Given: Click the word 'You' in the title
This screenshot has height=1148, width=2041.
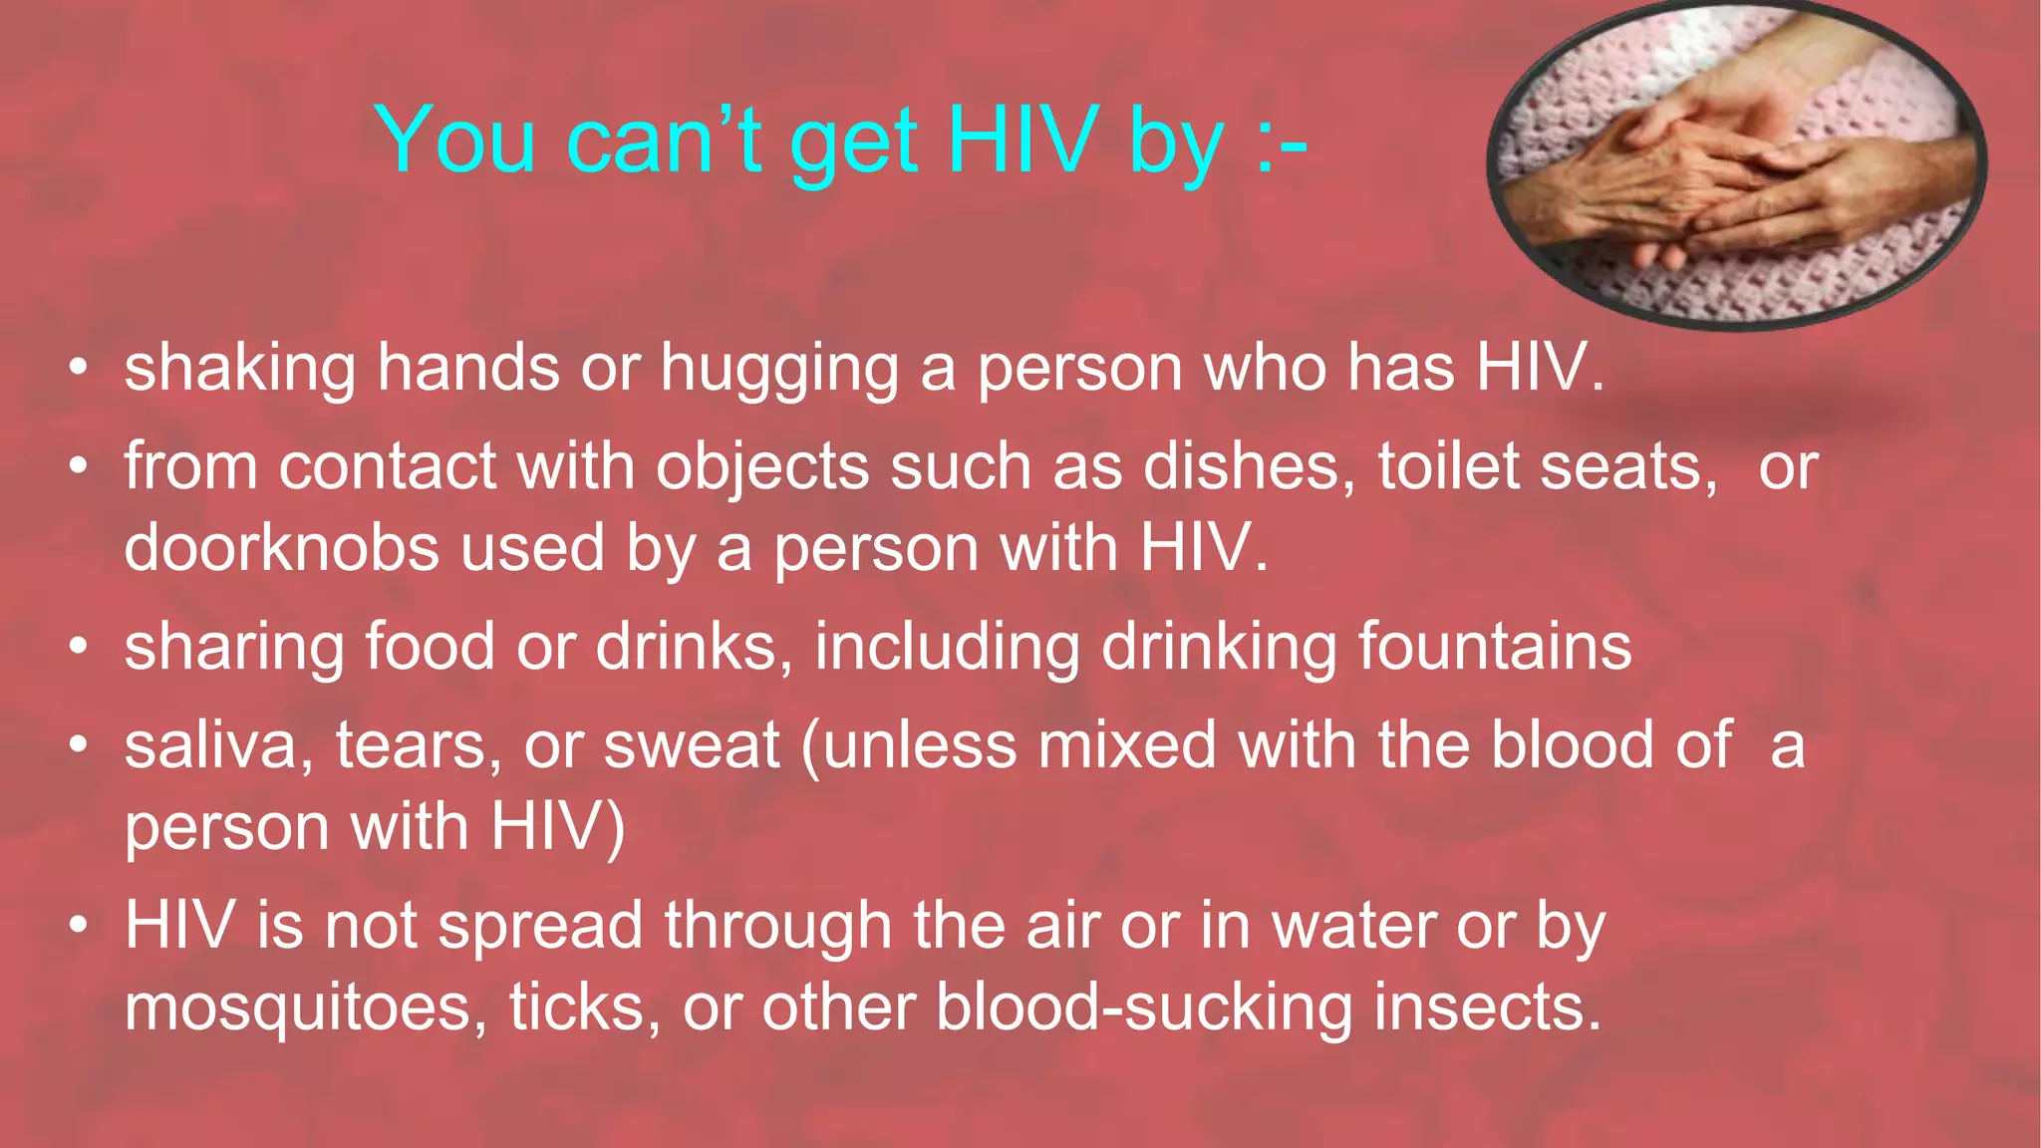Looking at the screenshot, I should click(x=455, y=141).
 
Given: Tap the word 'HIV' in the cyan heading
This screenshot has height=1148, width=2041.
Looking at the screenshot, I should click(x=1022, y=141).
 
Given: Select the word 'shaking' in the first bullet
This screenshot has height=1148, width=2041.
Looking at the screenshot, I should click(x=239, y=369).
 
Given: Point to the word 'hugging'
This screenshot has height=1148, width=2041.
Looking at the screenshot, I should click(x=779, y=369).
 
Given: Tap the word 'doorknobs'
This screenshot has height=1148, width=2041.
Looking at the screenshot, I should click(x=281, y=548).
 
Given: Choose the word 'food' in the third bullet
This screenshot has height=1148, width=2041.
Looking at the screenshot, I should click(x=430, y=647).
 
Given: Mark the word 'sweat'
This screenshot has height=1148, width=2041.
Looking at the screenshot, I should click(x=692, y=745).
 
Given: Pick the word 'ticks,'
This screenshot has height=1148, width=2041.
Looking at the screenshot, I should click(x=585, y=1007).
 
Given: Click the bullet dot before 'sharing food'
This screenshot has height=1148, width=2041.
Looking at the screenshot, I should click(x=79, y=648).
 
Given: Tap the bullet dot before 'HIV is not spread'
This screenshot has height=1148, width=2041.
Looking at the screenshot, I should click(x=79, y=927).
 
